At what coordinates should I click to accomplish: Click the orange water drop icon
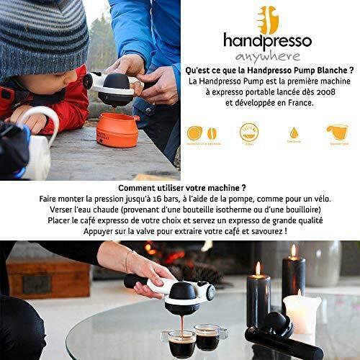coord(294,132)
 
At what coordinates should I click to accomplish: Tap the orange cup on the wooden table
coord(117,129)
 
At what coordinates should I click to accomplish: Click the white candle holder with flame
coord(301,313)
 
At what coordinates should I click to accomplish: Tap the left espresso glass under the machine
coord(182,343)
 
